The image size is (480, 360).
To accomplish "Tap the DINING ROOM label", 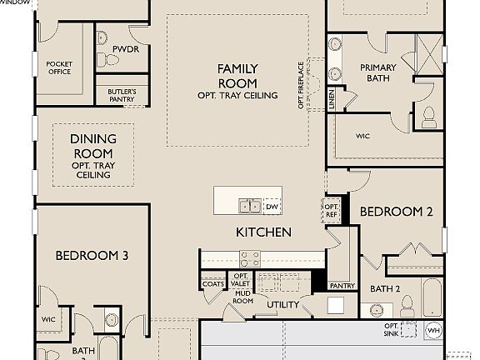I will click(x=92, y=147).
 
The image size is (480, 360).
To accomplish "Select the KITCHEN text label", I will click(x=263, y=232).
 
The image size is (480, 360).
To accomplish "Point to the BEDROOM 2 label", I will click(x=396, y=212).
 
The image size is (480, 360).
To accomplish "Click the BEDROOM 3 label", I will click(x=91, y=255).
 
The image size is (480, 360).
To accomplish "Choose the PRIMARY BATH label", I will click(x=378, y=73).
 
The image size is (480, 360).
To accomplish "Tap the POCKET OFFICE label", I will click(x=59, y=68).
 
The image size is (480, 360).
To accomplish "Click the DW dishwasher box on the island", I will click(x=272, y=207).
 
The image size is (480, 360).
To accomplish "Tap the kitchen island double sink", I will click(x=249, y=207).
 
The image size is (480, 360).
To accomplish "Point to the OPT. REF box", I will click(x=331, y=210).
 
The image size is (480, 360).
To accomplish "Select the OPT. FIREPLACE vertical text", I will click(x=301, y=85).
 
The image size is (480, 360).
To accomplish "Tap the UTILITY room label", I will click(x=282, y=305).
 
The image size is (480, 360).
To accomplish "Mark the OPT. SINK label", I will click(x=391, y=329).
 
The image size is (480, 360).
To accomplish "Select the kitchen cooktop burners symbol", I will click(x=250, y=257).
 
